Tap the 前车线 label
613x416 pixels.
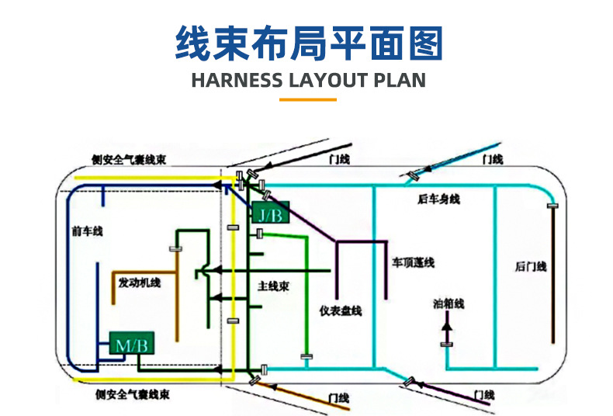click(87, 231)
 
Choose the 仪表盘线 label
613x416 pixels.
click(341, 310)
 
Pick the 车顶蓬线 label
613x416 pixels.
click(413, 262)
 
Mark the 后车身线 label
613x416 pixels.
click(438, 200)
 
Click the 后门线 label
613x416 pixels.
click(531, 267)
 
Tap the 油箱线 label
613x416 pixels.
click(448, 303)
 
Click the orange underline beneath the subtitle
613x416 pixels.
click(307, 99)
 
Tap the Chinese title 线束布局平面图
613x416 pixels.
click(307, 42)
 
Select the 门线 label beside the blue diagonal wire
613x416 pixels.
click(493, 159)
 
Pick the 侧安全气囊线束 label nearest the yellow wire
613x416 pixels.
click(129, 161)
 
